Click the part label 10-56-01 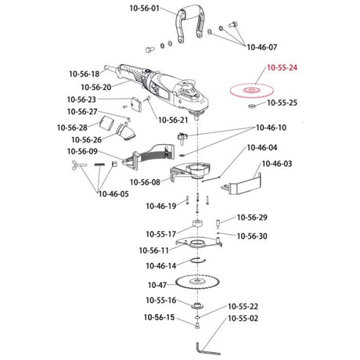point(144,8)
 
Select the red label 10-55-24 point(282,67)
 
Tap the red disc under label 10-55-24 point(251,91)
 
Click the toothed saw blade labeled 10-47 point(197,282)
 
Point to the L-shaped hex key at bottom point(206,351)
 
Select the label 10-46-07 point(261,47)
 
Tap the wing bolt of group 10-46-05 point(79,165)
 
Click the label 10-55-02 point(243,319)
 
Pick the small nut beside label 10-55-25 point(252,106)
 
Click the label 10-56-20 point(96,87)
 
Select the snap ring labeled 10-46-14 point(198,261)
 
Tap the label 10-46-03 point(277,164)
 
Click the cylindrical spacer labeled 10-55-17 point(198,224)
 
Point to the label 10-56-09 point(82,151)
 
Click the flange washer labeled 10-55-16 point(198,306)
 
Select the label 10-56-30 point(252,236)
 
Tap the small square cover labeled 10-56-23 point(136,103)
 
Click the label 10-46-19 point(161,206)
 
